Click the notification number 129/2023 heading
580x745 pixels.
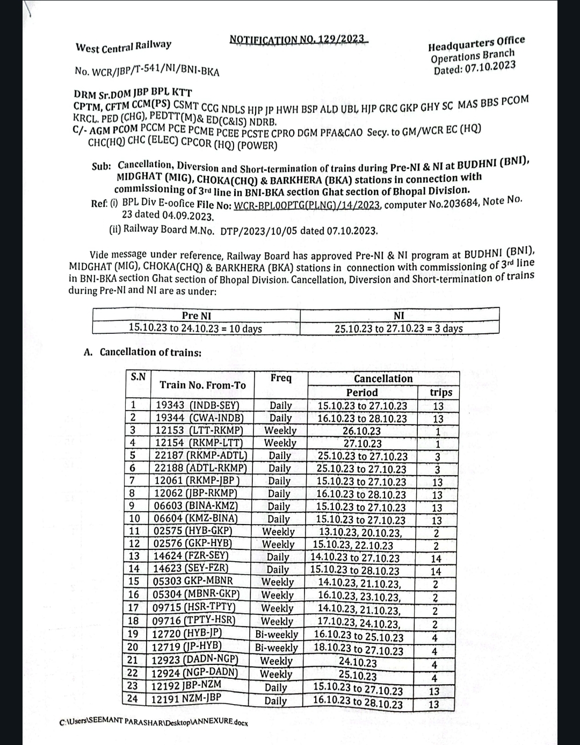296,39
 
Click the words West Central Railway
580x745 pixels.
124,46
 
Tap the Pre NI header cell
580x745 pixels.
196,316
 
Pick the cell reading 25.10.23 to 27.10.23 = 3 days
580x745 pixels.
398,328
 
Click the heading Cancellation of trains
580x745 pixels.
150,352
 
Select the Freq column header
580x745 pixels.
281,378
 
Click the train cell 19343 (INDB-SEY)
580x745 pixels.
197,405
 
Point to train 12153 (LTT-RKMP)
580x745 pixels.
199,430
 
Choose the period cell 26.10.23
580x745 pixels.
361,431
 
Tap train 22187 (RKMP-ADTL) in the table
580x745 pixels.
200,455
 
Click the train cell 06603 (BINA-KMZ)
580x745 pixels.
195,506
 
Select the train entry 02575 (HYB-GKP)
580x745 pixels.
193,531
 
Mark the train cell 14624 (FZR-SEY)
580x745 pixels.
191,556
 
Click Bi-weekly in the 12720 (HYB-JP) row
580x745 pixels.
276,634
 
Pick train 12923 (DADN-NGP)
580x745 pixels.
194,660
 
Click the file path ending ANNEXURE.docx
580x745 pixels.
154,722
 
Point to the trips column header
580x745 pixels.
440,392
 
